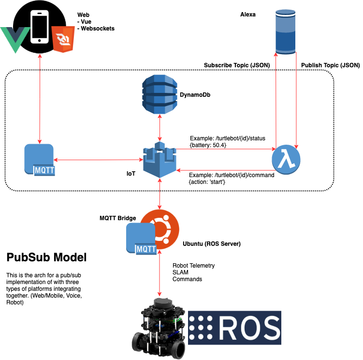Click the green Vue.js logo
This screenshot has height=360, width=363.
coord(15,39)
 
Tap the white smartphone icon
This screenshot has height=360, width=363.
coord(40,27)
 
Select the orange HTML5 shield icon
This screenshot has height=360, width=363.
coord(63,39)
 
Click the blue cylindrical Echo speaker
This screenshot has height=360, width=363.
coord(285,32)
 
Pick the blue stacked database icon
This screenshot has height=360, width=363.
coord(160,94)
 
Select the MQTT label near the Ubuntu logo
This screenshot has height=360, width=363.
coord(146,249)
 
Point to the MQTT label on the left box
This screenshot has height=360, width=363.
coord(44,170)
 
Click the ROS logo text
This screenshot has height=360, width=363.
coord(249,328)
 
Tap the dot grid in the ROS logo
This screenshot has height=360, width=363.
coord(201,328)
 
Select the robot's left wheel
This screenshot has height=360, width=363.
coord(142,343)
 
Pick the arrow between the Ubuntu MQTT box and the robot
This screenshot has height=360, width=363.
coord(160,273)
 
